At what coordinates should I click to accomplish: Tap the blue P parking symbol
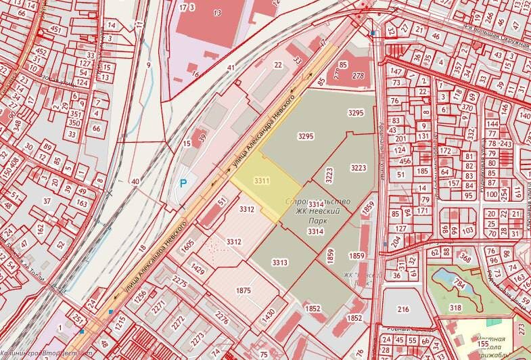[183, 183]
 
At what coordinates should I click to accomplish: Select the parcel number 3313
[280, 262]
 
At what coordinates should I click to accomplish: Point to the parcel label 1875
[244, 291]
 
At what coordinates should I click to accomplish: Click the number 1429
[198, 269]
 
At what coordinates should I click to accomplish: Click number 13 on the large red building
[217, 13]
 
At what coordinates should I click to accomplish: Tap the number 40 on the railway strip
[135, 181]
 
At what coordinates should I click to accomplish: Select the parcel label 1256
[140, 295]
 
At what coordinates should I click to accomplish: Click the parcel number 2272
[178, 317]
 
